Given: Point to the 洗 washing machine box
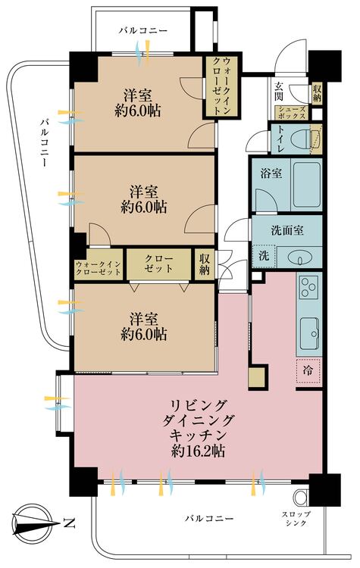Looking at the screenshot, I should coord(265,256).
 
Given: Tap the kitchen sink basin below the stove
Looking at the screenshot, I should coord(308,329).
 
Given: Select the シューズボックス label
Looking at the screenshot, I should coord(291,114).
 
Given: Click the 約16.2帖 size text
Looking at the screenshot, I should coord(197,451).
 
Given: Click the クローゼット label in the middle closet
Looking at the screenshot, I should coord(158,264).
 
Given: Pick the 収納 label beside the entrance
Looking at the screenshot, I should coord(317,93).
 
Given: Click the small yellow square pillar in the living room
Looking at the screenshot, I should coord(258,376).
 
